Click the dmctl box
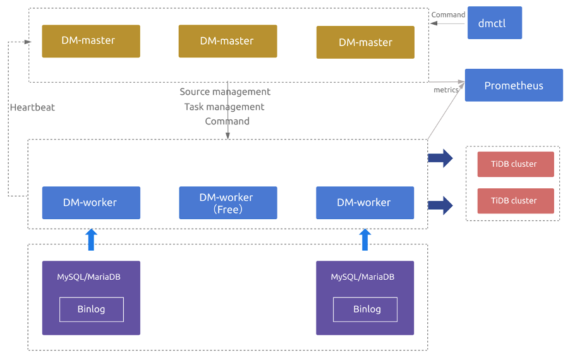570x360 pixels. tap(494, 23)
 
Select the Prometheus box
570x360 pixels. tap(513, 85)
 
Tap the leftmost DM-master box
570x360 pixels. tap(91, 41)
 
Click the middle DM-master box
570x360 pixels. tap(227, 41)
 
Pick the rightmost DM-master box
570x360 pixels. tap(365, 42)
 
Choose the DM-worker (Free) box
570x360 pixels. tap(227, 203)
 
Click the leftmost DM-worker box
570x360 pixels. tap(91, 203)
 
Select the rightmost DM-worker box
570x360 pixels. tap(365, 203)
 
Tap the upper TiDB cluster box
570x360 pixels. tap(515, 164)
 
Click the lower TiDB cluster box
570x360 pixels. tap(515, 201)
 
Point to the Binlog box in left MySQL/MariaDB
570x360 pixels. tap(92, 309)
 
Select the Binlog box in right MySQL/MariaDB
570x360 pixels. tap(365, 309)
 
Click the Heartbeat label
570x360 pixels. tap(32, 107)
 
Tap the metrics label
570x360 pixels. tap(446, 90)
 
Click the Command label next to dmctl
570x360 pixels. tap(448, 15)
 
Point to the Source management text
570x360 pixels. tap(225, 92)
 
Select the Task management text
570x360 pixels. tap(224, 107)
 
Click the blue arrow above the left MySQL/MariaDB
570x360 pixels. tap(92, 240)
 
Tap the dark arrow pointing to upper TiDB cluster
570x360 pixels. tap(440, 158)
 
